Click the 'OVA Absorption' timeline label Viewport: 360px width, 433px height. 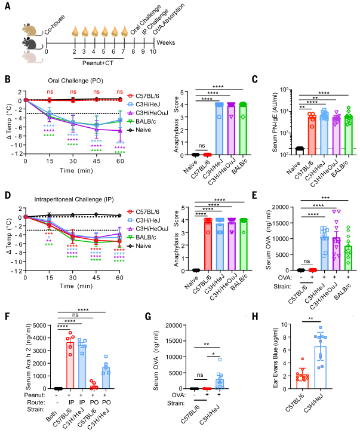click(155, 18)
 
